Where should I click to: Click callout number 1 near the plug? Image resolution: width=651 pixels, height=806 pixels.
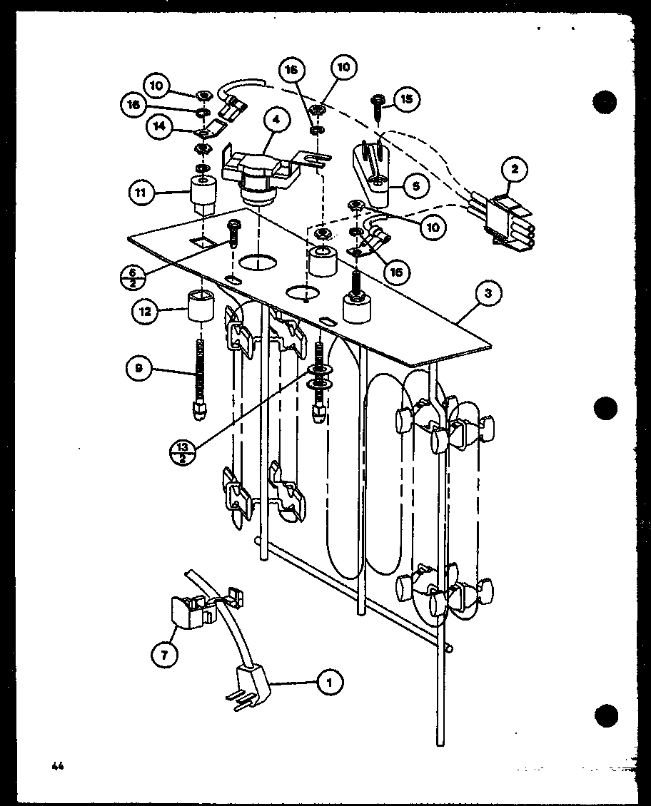click(329, 683)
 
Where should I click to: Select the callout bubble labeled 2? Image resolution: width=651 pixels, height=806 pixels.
click(514, 170)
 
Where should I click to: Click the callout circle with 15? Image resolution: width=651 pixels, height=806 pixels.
click(407, 98)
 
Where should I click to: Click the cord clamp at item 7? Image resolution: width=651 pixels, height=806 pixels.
click(189, 611)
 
